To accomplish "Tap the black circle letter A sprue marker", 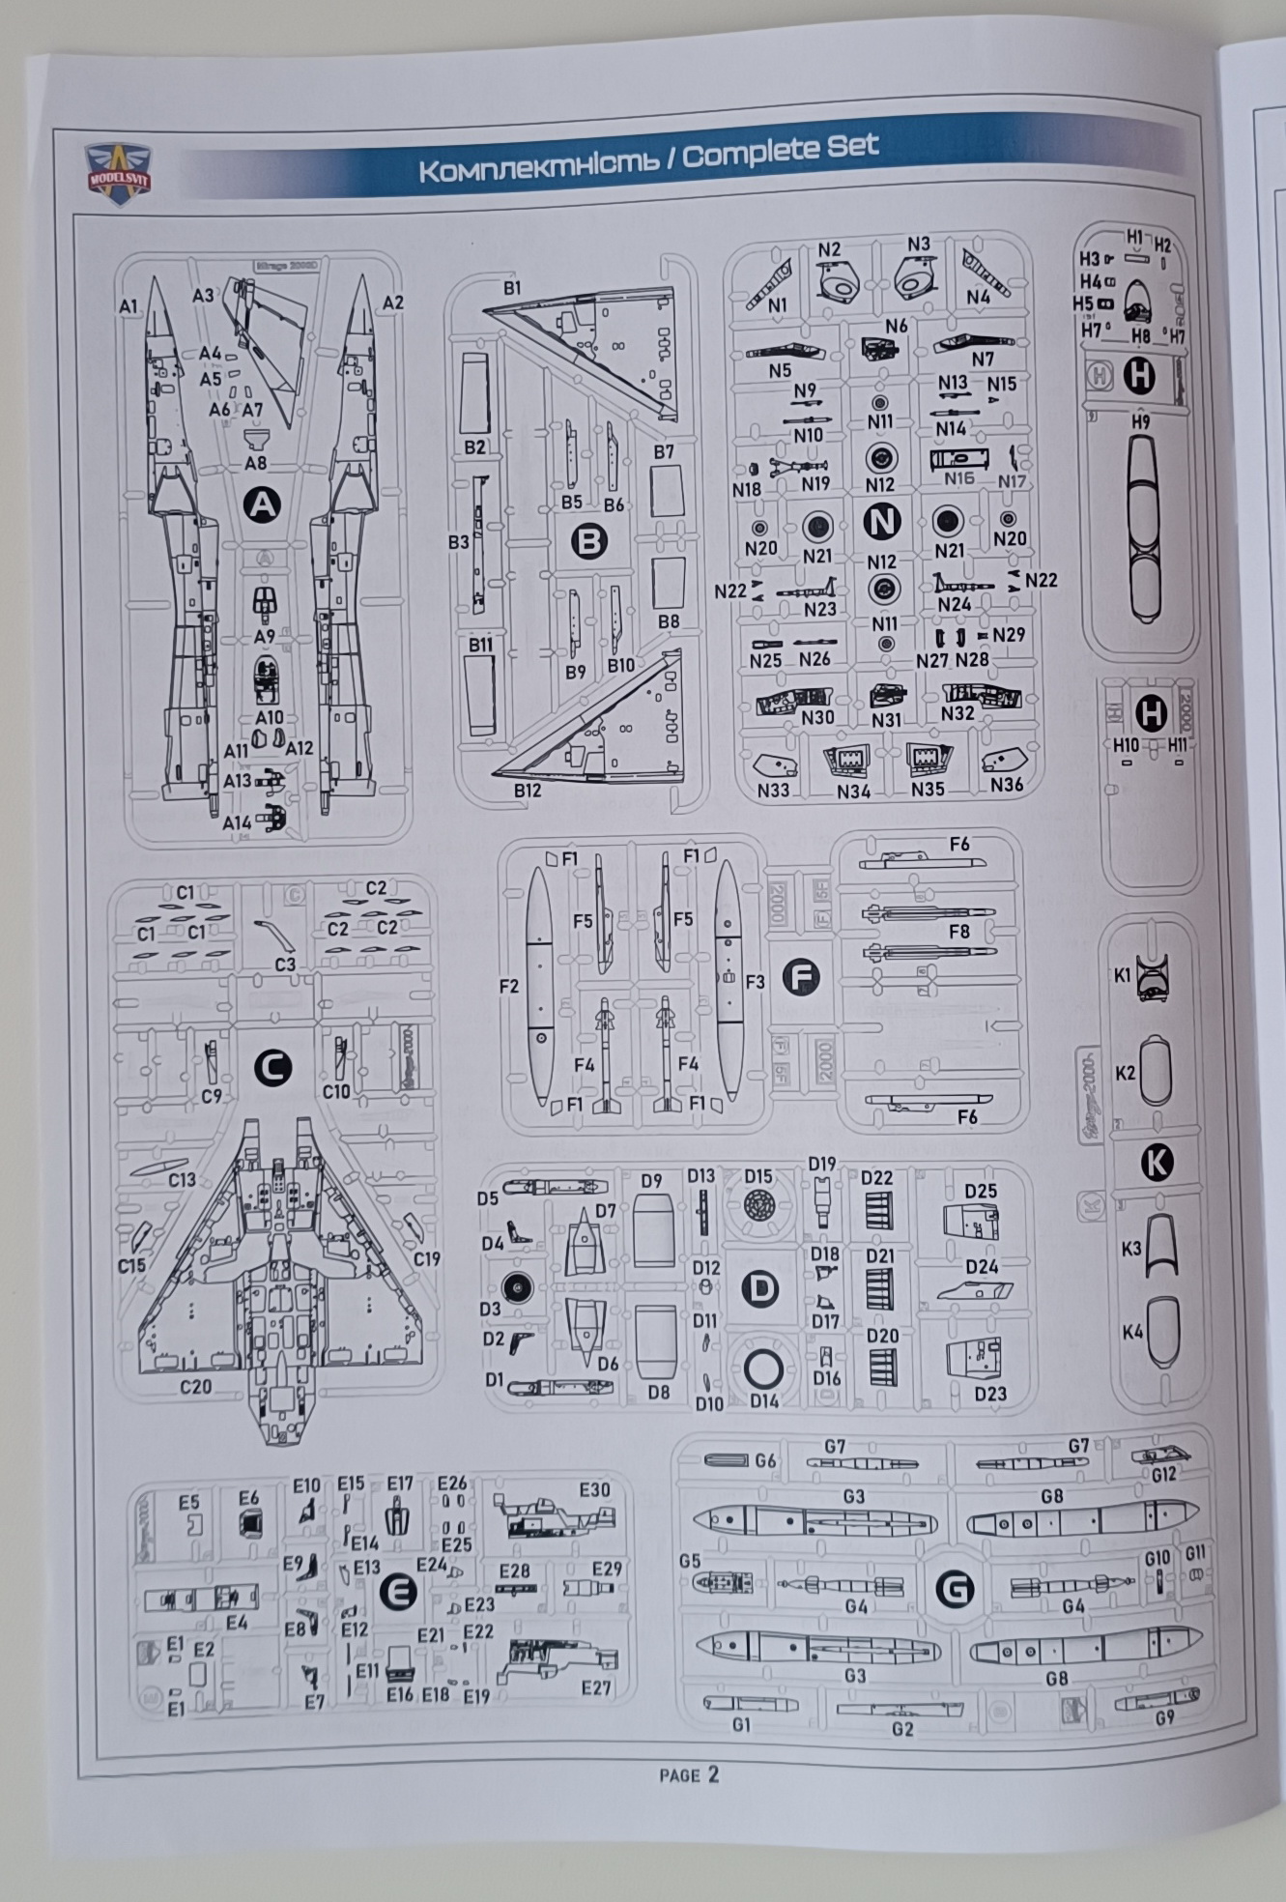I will pos(261,504).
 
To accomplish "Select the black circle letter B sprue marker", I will pos(588,541).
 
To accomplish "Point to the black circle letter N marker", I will pos(880,521).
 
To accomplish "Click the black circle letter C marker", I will pos(272,1068).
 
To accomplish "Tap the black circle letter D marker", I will pos(759,1287).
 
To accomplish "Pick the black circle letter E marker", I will pos(397,1592).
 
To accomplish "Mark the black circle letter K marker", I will pos(1157,1163).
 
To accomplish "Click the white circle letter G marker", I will pos(955,1589).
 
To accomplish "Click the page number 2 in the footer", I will pos(713,1773).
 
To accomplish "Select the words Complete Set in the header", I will pos(781,150).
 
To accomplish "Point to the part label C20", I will pos(195,1386).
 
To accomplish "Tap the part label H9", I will pos(1140,422).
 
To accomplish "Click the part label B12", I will pos(528,790).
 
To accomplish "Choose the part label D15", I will pos(758,1176).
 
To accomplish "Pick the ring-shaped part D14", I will pos(763,1368).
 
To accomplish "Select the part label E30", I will pos(594,1489).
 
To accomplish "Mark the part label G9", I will pos(1164,1717).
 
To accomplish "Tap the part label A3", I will pos(202,295).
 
